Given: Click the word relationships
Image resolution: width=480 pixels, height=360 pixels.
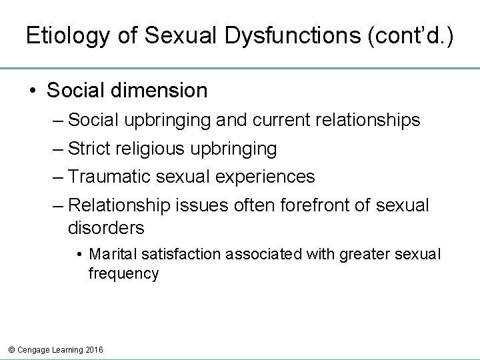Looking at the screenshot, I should pyautogui.click(x=363, y=120).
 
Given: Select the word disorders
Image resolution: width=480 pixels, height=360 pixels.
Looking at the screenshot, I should pyautogui.click(x=106, y=228).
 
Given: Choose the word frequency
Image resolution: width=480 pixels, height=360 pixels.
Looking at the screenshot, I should pyautogui.click(x=123, y=273).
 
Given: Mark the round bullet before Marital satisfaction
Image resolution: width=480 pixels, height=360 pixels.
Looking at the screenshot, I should pyautogui.click(x=79, y=254).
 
